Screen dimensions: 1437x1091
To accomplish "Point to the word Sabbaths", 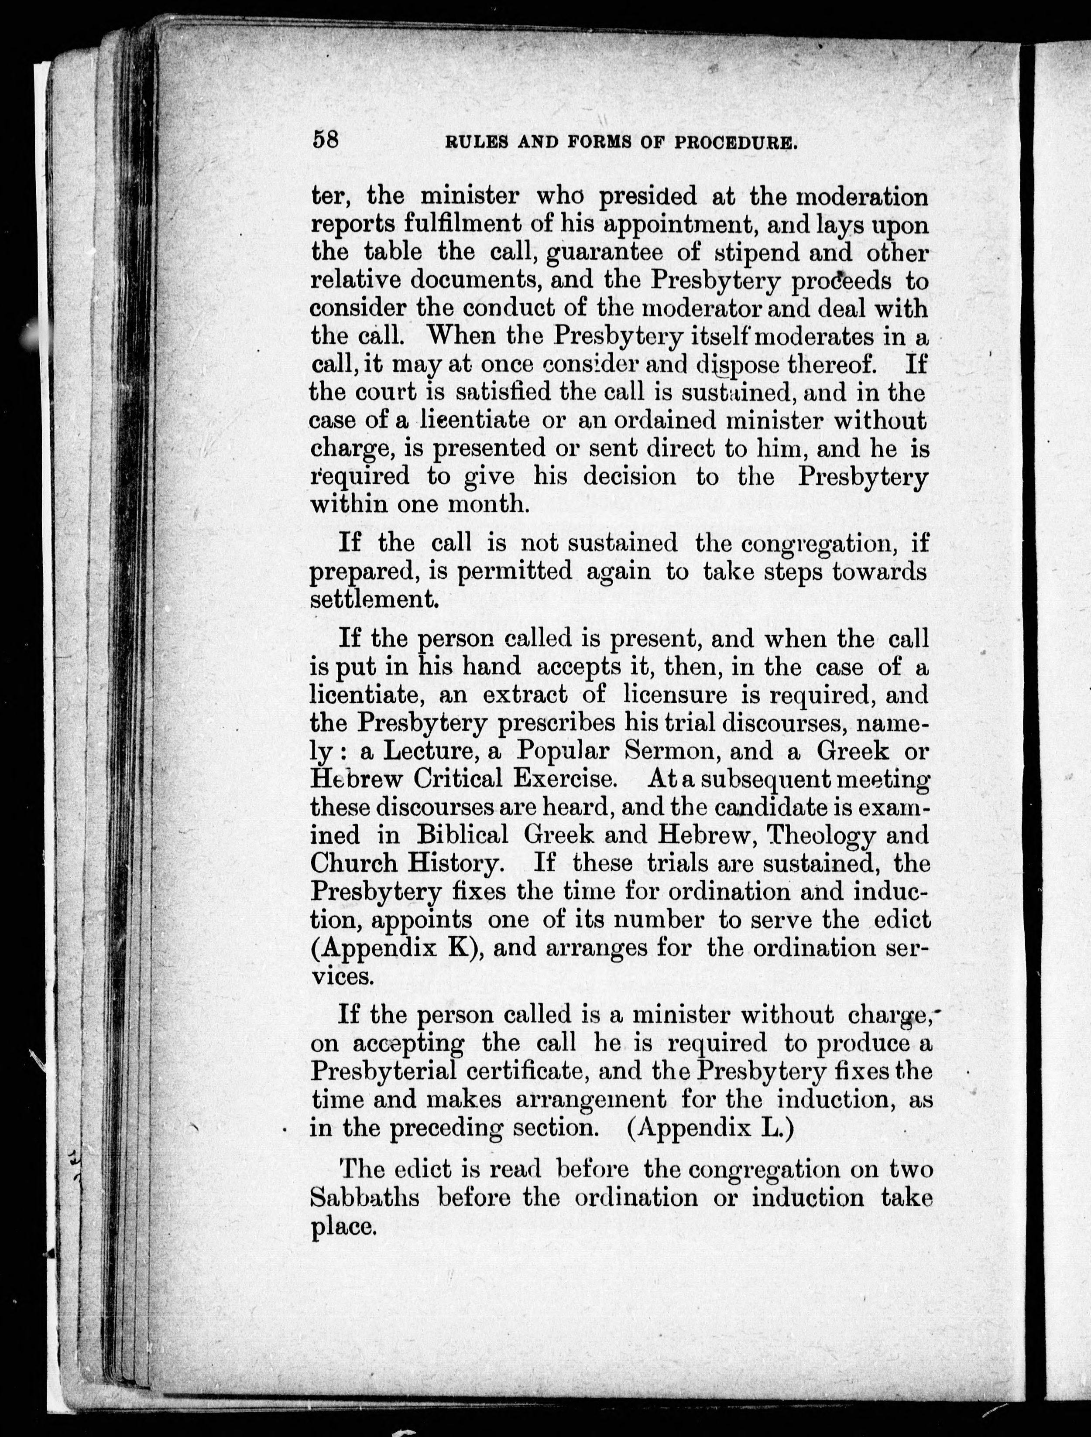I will click(364, 1197).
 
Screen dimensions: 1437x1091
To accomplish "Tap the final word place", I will click(343, 1227).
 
